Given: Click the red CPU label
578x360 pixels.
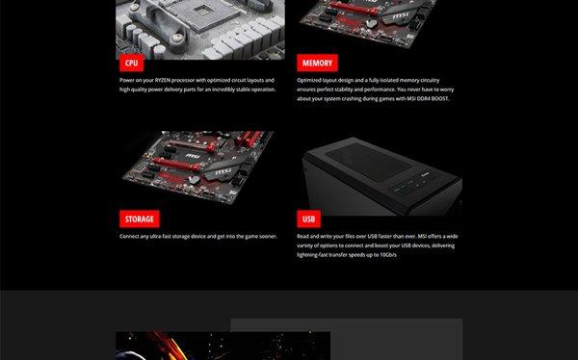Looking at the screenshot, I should tap(132, 63).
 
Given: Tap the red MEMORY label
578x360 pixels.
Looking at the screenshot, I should tap(317, 63).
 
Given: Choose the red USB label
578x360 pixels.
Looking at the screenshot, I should tap(308, 219).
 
